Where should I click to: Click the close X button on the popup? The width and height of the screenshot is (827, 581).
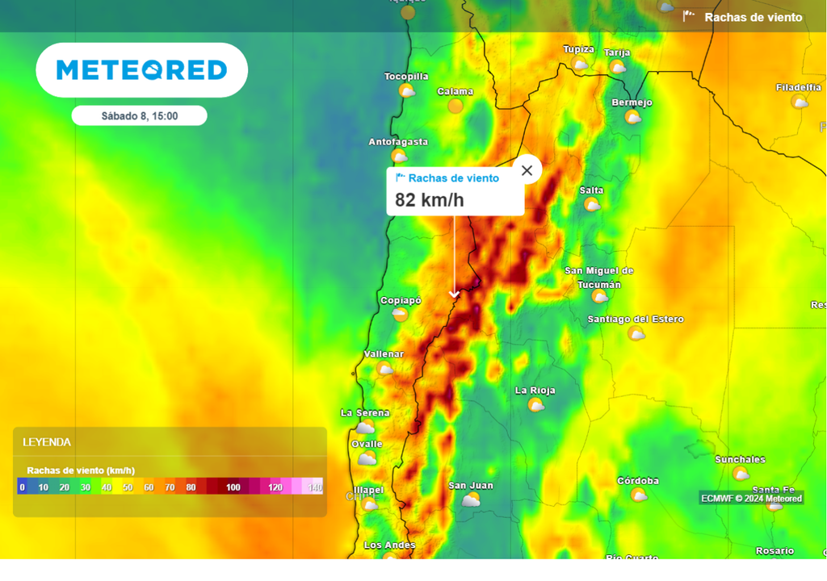(527, 170)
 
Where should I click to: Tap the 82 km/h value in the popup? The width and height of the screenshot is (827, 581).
(430, 200)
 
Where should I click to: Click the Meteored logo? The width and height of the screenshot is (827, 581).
(142, 70)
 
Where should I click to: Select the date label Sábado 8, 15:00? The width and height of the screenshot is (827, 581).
(140, 116)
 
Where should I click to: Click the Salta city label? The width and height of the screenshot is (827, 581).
(591, 190)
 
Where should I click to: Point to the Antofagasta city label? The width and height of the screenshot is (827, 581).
(398, 142)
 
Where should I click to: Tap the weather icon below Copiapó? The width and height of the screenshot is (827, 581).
(401, 315)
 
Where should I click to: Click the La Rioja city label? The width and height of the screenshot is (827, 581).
(535, 391)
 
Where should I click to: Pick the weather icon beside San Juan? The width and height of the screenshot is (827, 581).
(471, 499)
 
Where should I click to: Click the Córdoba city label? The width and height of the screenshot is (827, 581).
(638, 481)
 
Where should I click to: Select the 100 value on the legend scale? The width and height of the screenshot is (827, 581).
(233, 487)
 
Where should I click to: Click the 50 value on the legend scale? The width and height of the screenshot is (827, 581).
(128, 487)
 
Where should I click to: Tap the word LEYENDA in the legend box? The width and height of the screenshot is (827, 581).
(47, 442)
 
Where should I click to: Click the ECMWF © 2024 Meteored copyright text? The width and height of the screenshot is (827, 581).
(751, 499)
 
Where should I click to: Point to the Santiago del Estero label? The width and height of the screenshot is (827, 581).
(636, 320)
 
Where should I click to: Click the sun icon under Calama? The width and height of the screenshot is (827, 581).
(455, 106)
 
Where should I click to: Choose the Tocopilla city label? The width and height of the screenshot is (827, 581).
(406, 77)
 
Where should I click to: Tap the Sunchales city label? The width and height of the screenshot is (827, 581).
(740, 460)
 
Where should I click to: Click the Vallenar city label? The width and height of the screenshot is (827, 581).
(384, 354)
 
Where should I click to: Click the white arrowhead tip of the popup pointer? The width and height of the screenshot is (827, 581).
(454, 296)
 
